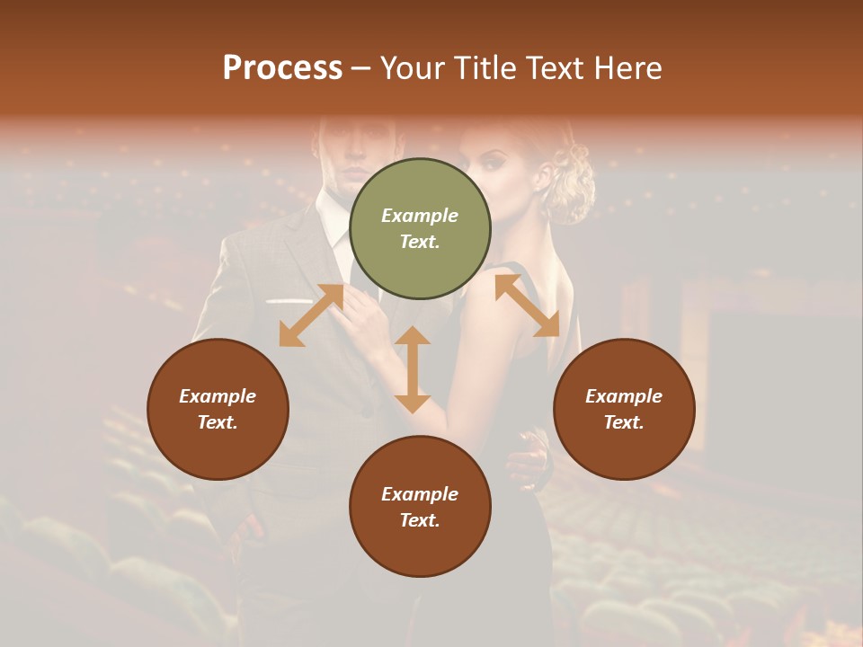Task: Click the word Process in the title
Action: [x=282, y=68]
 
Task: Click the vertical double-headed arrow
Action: [x=413, y=369]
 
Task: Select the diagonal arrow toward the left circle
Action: [x=311, y=315]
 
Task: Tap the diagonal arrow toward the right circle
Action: [x=527, y=306]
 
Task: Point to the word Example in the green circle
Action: [x=420, y=216]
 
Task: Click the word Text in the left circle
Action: [x=218, y=422]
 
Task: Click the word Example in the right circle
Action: [x=624, y=396]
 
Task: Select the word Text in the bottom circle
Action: [x=420, y=520]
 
